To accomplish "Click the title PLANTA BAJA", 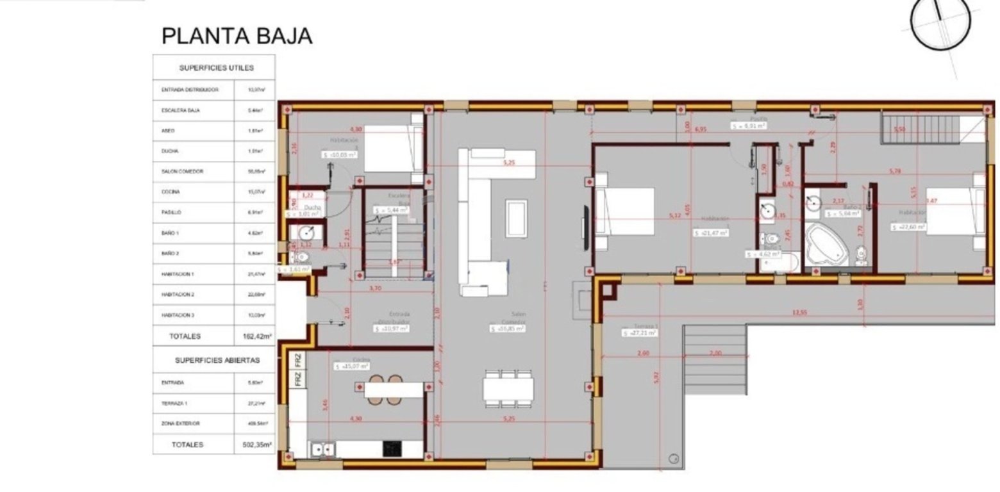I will [237, 36].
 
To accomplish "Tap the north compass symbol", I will [940, 22].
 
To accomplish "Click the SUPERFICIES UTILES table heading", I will [216, 67].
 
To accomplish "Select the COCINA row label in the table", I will [171, 192].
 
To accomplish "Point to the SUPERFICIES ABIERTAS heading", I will [217, 360].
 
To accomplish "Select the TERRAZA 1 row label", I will [174, 404].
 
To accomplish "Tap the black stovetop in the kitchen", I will [392, 448].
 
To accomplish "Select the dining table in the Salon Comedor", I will [508, 388].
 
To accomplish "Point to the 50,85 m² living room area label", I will [508, 329].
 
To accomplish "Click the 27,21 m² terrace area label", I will [640, 333].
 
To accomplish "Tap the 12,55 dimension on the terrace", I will [799, 313].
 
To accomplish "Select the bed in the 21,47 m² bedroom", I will [625, 211].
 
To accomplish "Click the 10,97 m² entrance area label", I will [392, 329].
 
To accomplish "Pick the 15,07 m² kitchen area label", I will [351, 366].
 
